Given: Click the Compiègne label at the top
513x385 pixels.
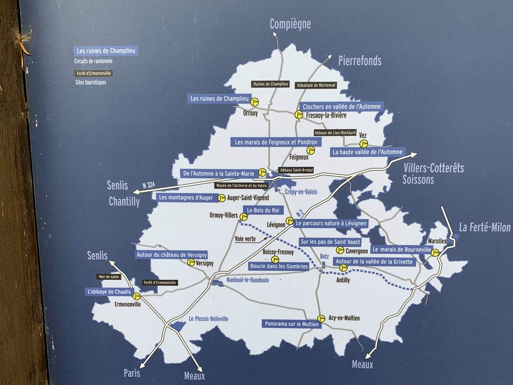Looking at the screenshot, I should coord(290,24).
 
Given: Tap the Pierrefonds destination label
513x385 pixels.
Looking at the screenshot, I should coord(360,61).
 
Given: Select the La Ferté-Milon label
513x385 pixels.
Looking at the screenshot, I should coord(484,227).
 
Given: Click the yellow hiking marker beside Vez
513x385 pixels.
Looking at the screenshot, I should coord(363,143).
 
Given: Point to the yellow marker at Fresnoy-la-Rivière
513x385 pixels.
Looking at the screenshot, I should coord(299,115).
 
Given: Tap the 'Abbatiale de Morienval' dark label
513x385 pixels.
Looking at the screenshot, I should coord(316,85).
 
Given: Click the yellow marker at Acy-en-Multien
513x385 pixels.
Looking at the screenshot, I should coord(321,318).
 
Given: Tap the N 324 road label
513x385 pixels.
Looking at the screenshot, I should coord(148,185).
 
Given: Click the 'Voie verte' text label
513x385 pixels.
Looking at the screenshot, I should coord(245,239).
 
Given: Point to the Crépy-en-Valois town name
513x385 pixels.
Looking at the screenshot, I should coord(301,192).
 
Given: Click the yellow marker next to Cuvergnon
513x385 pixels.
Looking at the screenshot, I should coord(340,250).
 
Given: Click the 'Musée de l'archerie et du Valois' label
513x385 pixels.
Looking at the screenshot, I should coord(241,186).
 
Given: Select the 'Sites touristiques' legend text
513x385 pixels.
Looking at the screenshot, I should coord(91,82).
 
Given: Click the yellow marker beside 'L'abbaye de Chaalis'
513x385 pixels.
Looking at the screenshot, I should coord(136,296).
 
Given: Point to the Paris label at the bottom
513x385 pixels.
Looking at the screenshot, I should coord(132,373).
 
